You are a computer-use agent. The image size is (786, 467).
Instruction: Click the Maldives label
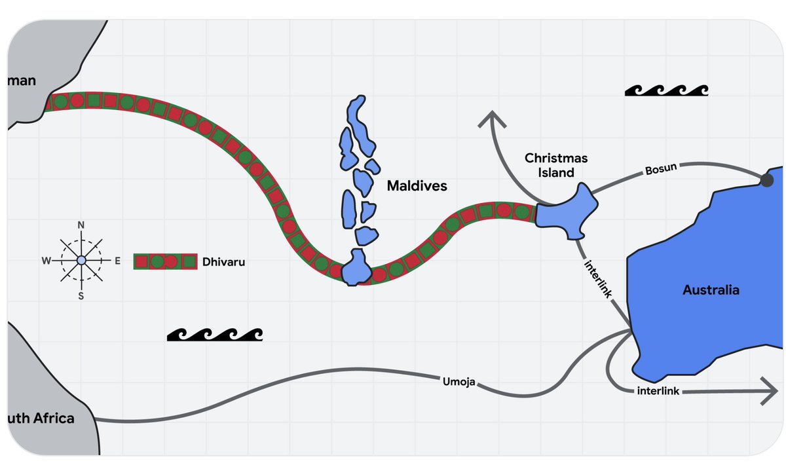[x=417, y=186]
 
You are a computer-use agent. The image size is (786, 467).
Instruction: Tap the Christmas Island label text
[x=556, y=166]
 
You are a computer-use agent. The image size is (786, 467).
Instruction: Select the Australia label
[x=711, y=290]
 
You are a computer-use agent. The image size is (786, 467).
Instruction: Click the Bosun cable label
[x=660, y=170]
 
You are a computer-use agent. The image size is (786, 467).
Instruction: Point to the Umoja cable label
[x=458, y=380]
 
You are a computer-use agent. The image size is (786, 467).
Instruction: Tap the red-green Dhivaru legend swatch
[x=165, y=261]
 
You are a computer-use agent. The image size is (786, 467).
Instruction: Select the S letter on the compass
[x=81, y=295]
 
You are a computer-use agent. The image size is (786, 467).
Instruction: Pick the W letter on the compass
[x=46, y=261]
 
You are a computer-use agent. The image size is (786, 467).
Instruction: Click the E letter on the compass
[x=117, y=261]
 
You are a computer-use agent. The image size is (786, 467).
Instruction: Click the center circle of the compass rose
[x=81, y=261]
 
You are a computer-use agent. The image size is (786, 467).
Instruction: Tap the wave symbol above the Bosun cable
[x=666, y=90]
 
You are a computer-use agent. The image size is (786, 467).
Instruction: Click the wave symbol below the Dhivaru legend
[x=215, y=335]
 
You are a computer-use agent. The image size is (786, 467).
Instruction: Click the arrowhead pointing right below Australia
[x=768, y=392]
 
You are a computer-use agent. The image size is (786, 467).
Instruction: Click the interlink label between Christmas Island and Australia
[x=597, y=278]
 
